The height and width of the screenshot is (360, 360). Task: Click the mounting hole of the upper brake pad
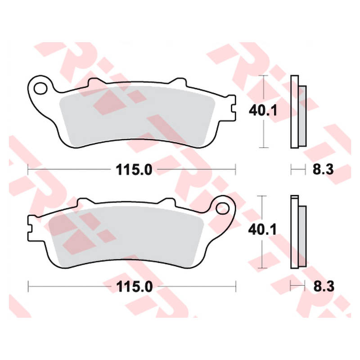[40, 88]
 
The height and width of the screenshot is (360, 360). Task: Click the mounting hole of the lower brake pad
[222, 208]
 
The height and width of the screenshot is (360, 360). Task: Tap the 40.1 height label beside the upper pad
[263, 111]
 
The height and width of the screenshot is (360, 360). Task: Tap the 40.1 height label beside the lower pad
[262, 229]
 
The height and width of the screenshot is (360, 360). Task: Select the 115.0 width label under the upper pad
[134, 170]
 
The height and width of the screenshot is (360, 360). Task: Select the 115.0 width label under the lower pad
[134, 287]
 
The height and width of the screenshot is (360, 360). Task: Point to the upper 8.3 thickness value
[323, 170]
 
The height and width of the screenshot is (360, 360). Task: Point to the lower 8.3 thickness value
[324, 287]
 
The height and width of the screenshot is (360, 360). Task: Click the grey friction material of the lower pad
[126, 237]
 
